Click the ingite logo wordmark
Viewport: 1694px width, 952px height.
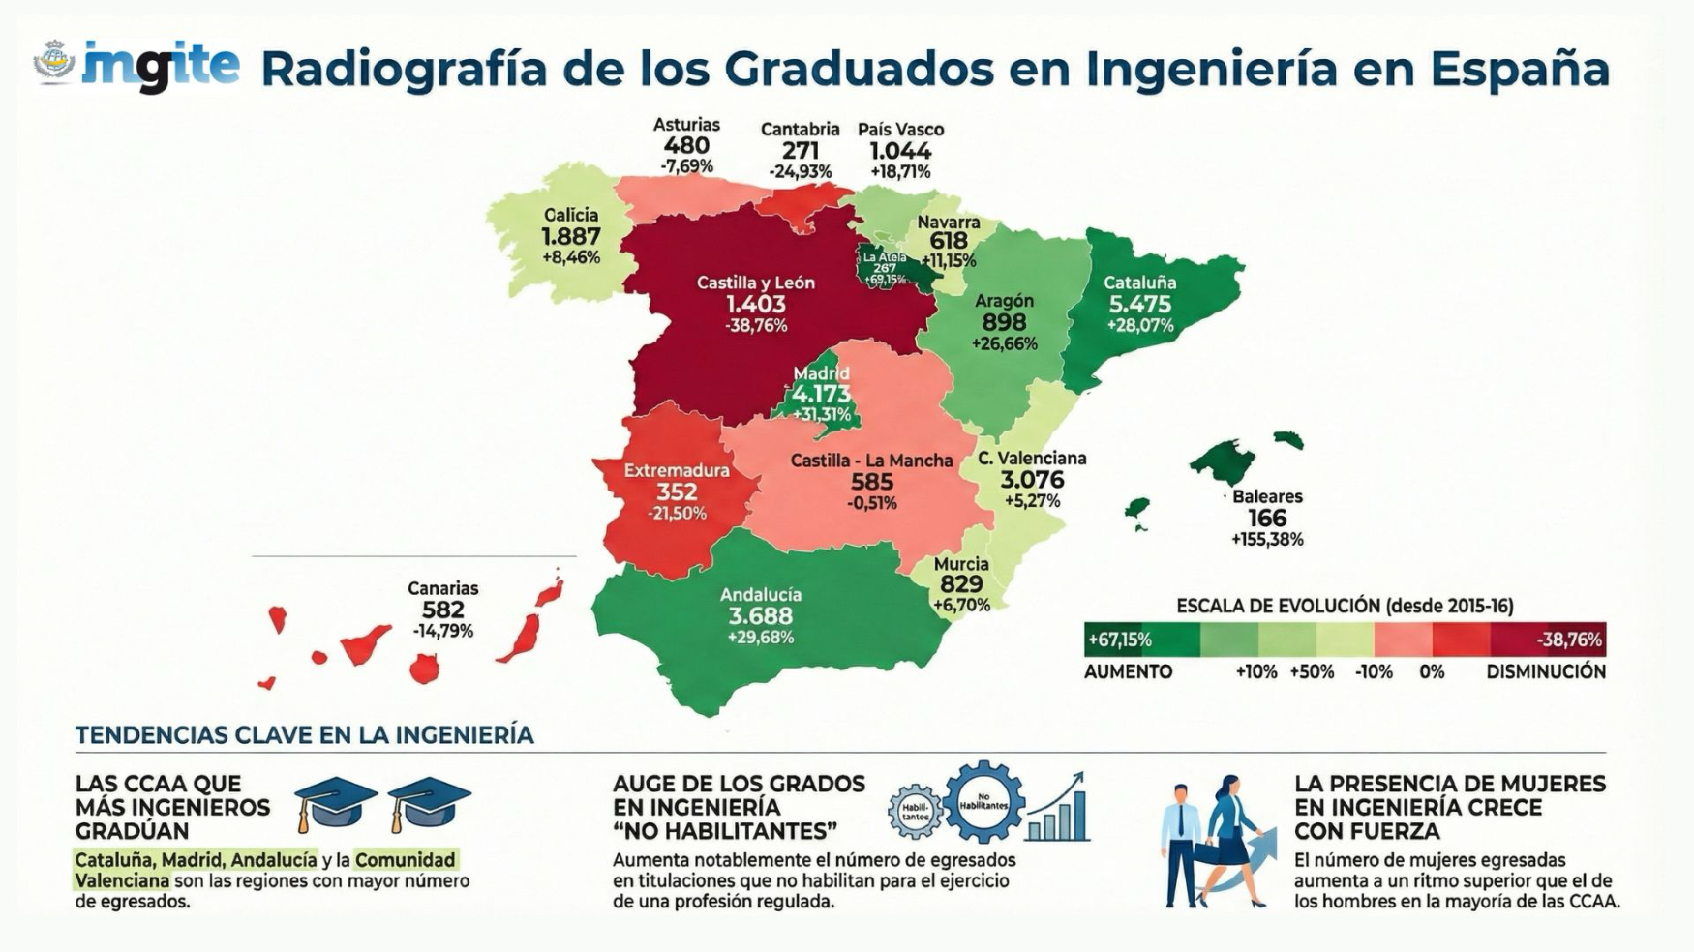coord(161,66)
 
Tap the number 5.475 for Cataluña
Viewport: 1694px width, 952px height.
coord(1139,304)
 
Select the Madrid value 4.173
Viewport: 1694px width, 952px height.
coord(821,395)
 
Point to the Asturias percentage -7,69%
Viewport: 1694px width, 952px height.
coord(686,166)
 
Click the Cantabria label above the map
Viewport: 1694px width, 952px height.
coord(800,130)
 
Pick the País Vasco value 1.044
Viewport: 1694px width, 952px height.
coord(900,151)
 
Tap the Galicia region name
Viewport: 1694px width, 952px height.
coord(571,215)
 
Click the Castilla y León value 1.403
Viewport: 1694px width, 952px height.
coord(756,304)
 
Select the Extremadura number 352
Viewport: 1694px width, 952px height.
coord(677,491)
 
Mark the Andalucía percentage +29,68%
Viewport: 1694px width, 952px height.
coord(761,638)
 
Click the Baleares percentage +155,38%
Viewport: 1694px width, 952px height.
coord(1267,540)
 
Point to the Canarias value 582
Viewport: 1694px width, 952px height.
coord(442,610)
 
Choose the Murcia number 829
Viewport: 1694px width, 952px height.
coord(961,584)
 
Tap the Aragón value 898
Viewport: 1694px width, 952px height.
coord(1005,322)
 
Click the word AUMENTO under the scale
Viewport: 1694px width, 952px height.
coord(1128,671)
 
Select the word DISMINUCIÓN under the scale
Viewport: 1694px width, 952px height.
coord(1546,671)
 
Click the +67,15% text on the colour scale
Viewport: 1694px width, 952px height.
coord(1119,640)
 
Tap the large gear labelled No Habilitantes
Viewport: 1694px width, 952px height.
coord(983,803)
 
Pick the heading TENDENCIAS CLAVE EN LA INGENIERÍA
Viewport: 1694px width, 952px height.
coord(304,735)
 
